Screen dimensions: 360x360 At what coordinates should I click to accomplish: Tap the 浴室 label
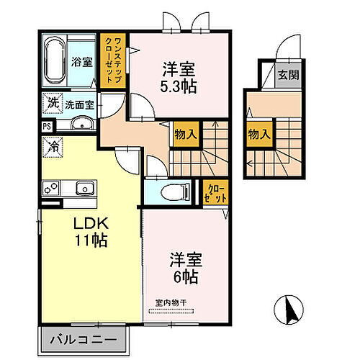pyautogui.click(x=80, y=62)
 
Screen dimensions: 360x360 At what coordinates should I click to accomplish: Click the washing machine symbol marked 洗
pyautogui.click(x=53, y=104)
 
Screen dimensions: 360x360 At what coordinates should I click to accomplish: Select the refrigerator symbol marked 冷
pyautogui.click(x=54, y=145)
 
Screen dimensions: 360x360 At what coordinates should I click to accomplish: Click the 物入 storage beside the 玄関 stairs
pyautogui.click(x=260, y=133)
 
